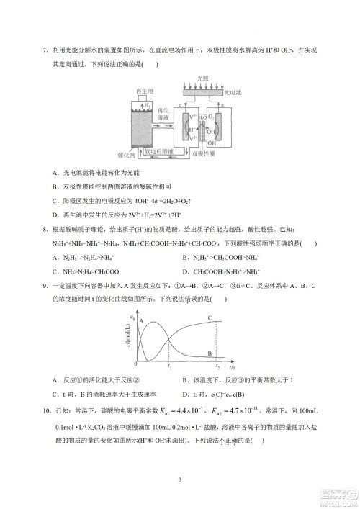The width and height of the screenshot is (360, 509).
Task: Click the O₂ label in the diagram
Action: coord(211,116)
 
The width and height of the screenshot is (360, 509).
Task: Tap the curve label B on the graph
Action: coord(209,353)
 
